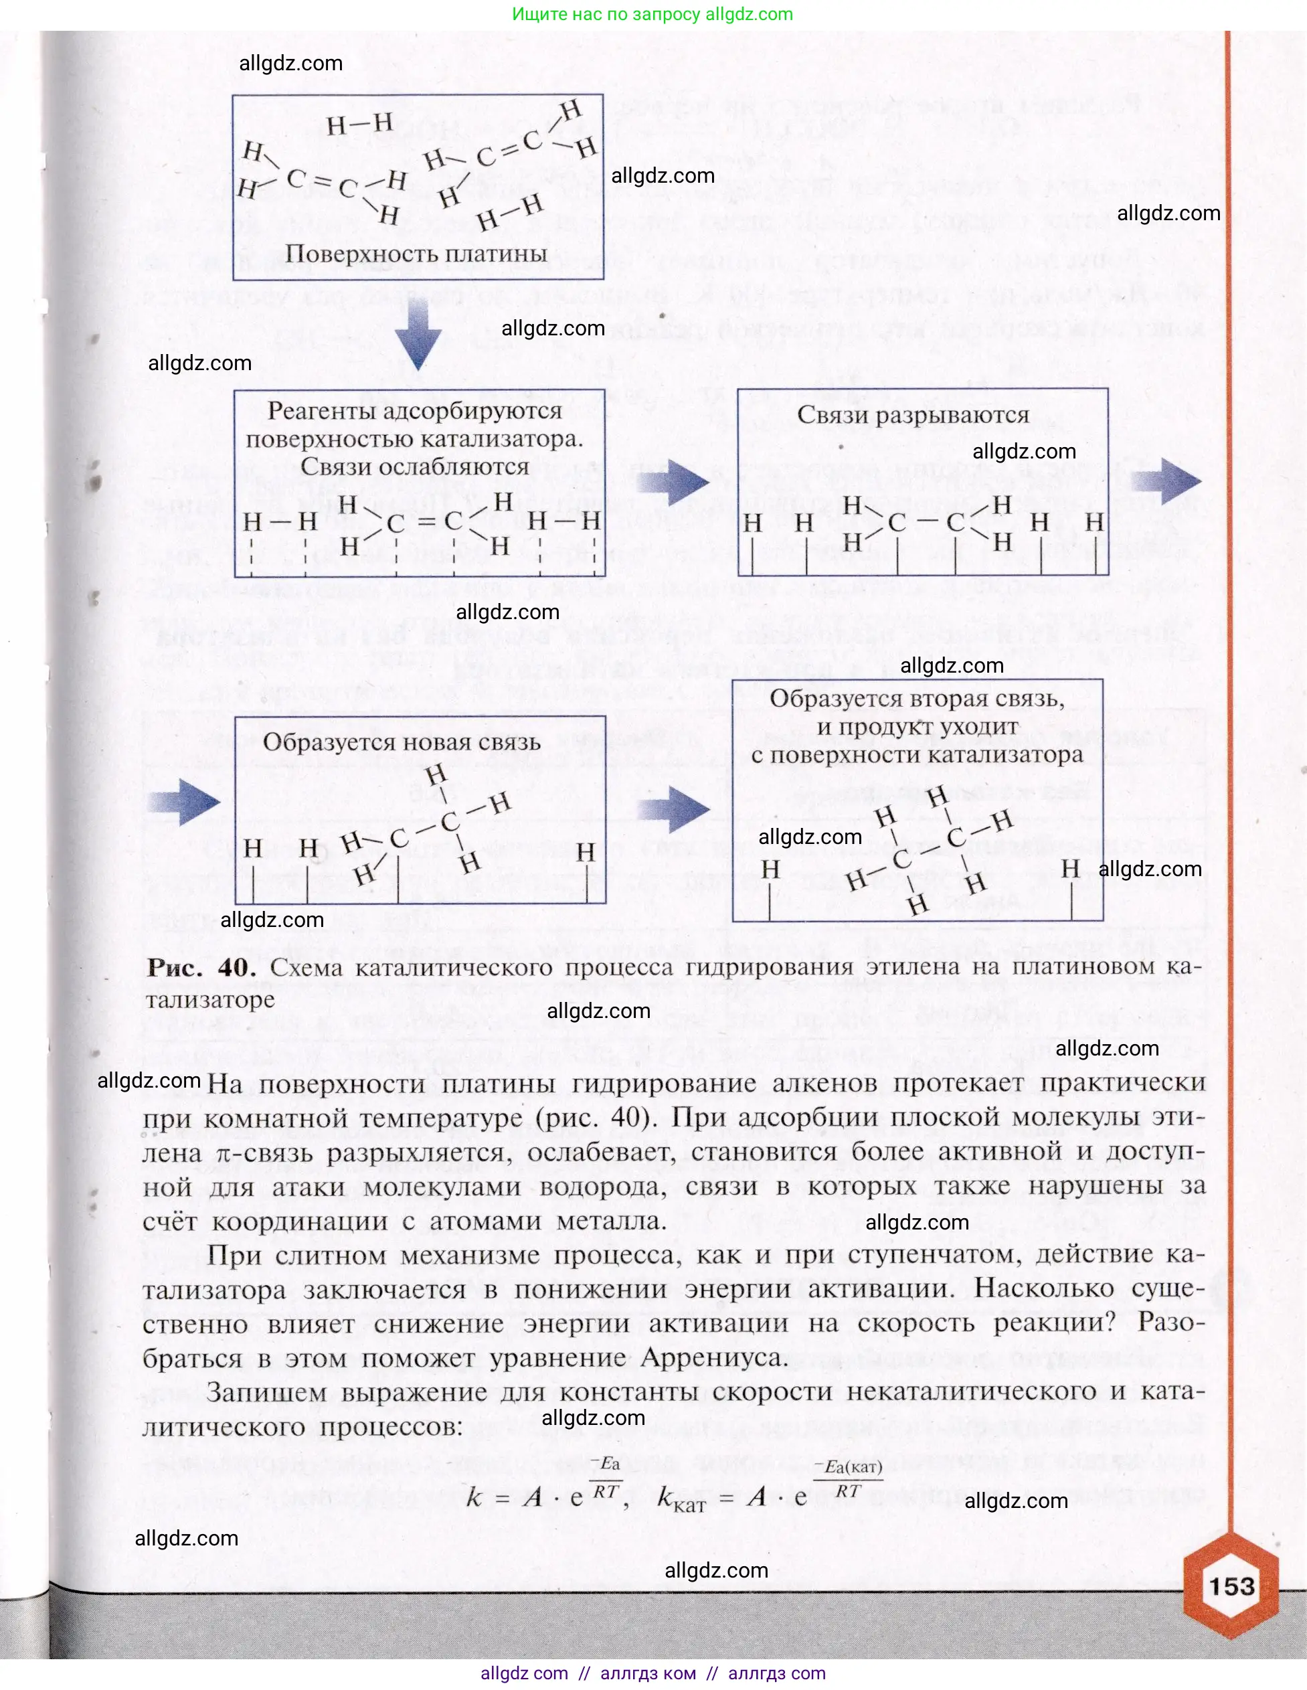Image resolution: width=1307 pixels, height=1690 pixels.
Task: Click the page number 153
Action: [1231, 1586]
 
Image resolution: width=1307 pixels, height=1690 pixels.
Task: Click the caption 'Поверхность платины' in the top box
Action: [416, 254]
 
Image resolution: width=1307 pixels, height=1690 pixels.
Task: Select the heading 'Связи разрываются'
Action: [913, 416]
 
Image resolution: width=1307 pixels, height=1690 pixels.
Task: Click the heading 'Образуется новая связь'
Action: [401, 742]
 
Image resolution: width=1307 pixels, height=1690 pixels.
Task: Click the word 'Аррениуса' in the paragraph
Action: [712, 1357]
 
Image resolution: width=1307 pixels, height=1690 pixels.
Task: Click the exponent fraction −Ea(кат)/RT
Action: [848, 1478]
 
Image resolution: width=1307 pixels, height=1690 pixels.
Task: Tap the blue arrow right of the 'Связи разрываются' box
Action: [1165, 481]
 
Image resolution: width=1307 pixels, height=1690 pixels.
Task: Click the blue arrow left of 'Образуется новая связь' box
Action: [184, 802]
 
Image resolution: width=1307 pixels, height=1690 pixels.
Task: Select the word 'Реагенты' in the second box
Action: [317, 411]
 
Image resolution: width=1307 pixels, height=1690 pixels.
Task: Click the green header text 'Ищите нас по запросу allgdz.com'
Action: [652, 14]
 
